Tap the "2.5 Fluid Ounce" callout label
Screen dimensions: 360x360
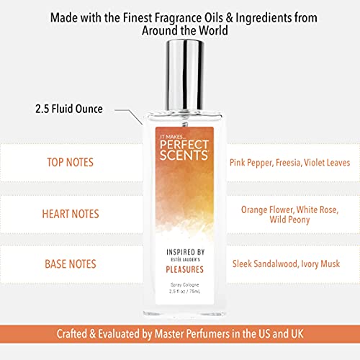click(x=68, y=109)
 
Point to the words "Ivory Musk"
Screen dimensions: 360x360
click(x=323, y=266)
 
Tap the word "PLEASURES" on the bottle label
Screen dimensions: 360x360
click(x=180, y=270)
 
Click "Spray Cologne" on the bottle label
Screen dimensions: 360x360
click(x=180, y=286)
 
